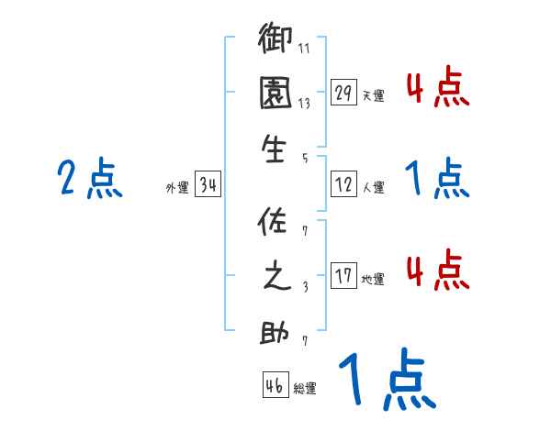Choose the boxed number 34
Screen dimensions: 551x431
(x=208, y=186)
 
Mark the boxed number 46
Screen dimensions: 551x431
(x=275, y=386)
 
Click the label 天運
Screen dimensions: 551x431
(x=373, y=95)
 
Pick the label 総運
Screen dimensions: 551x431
(x=305, y=389)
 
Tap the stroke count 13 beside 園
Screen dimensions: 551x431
(x=304, y=105)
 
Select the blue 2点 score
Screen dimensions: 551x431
(x=89, y=179)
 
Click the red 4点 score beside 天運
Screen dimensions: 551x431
(x=437, y=87)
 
